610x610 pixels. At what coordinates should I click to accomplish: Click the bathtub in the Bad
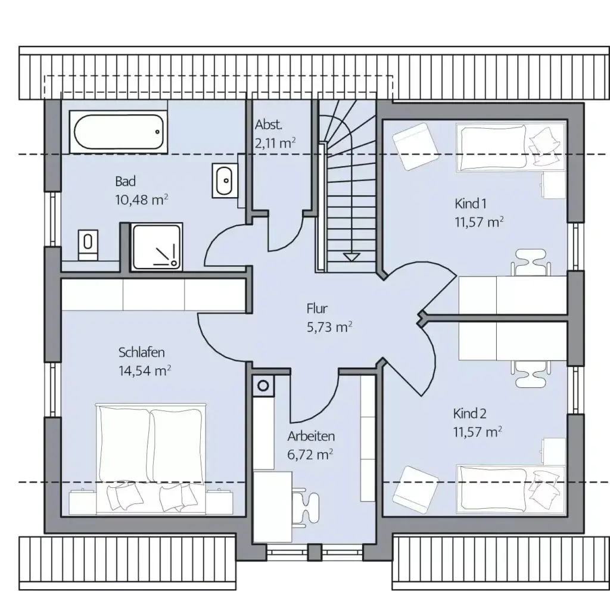(x=119, y=132)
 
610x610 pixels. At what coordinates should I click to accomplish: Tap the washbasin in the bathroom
(x=225, y=180)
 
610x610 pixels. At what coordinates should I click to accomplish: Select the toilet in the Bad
(x=88, y=244)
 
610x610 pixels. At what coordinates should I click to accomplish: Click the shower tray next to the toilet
(x=157, y=247)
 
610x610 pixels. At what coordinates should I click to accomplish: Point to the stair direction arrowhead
(x=351, y=257)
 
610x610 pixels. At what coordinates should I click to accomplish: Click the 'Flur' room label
(x=317, y=309)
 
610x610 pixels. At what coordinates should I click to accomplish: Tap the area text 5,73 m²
(x=329, y=327)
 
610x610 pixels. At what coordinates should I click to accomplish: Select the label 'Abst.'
(x=269, y=125)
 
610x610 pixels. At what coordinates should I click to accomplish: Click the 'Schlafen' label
(x=142, y=352)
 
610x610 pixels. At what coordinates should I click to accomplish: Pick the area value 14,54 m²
(x=144, y=371)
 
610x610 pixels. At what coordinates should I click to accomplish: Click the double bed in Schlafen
(x=151, y=458)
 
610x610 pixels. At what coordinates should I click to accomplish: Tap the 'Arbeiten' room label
(x=311, y=436)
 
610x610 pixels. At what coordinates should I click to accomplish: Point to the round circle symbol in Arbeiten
(x=263, y=386)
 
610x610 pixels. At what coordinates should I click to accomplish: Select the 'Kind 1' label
(x=471, y=204)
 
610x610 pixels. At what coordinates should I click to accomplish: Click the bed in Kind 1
(x=511, y=148)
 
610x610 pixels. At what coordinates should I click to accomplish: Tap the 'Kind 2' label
(x=469, y=413)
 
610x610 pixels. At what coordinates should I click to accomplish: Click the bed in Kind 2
(x=511, y=488)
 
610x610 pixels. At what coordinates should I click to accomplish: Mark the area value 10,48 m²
(x=142, y=200)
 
